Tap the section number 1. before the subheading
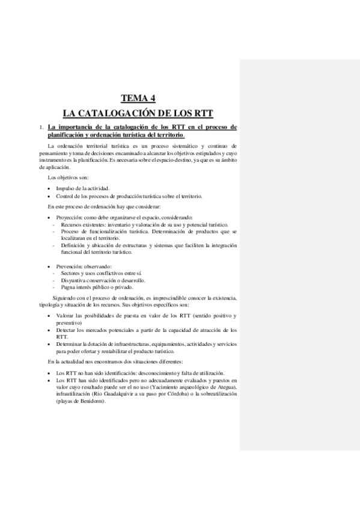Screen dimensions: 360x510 (40, 127)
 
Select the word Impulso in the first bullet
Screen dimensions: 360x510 (66, 188)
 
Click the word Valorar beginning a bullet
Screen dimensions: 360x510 (67, 316)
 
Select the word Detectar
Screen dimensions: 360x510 (69, 330)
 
